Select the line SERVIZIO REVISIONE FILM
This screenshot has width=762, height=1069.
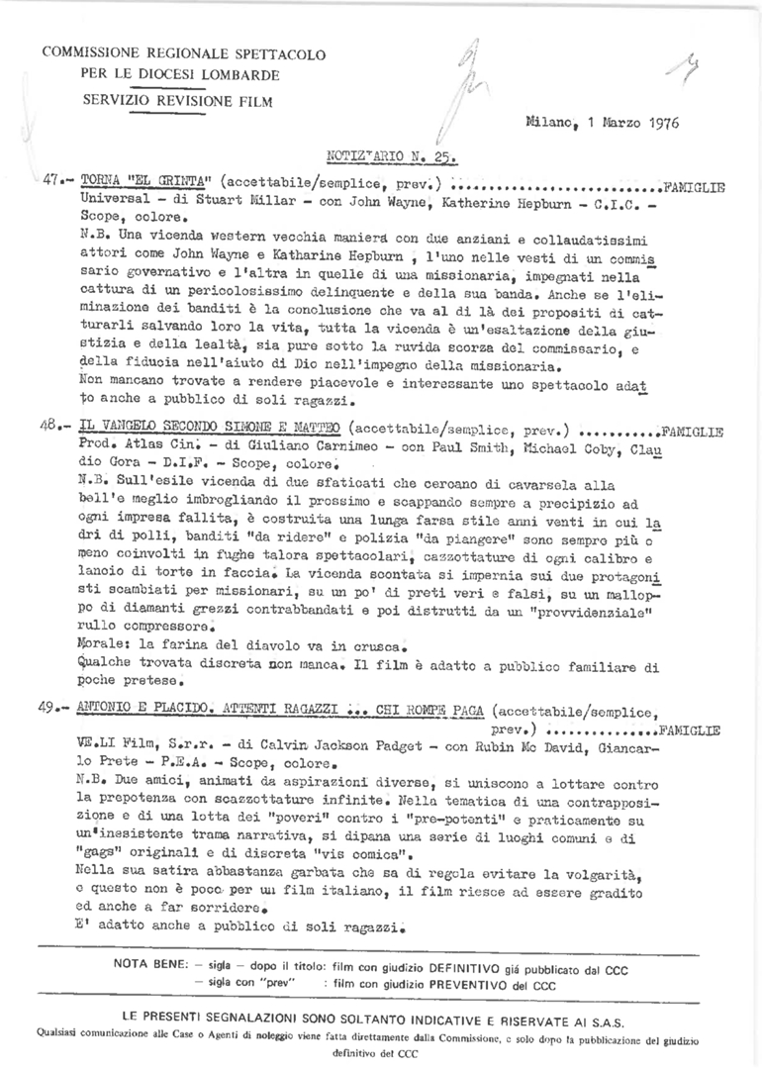pyautogui.click(x=165, y=100)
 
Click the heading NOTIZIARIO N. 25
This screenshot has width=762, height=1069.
pyautogui.click(x=391, y=155)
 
